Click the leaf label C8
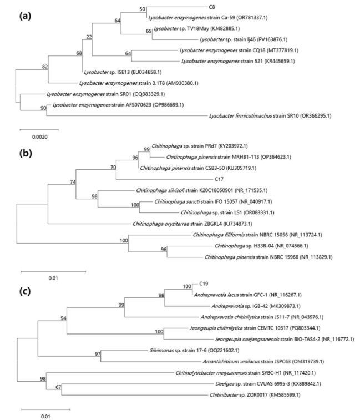coord(211,7)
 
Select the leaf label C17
coord(219,179)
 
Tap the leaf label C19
coord(204,284)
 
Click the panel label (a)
coord(25,16)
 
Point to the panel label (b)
coord(26,154)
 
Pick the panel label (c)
coord(25,291)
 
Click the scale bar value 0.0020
coord(40,137)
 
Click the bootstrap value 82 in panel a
coord(45,67)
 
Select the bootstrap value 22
coord(89,37)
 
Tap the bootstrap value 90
coord(43,108)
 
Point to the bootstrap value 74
coord(73,182)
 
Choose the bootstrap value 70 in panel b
coord(113,168)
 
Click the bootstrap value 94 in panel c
coord(63,318)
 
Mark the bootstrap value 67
coord(58,387)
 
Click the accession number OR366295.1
coord(316,116)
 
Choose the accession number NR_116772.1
coord(338,340)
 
